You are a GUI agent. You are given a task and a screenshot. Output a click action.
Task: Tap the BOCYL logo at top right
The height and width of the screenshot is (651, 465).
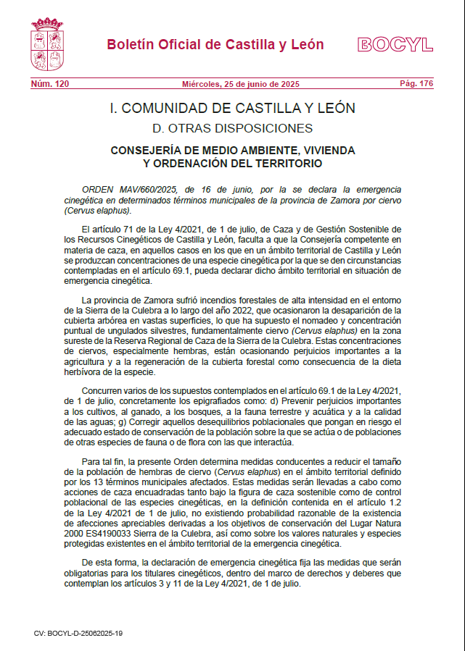click(395, 45)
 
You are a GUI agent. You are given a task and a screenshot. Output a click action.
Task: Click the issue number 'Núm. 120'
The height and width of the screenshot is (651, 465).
click(50, 84)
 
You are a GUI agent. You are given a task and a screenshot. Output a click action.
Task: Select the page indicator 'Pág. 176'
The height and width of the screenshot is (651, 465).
click(416, 84)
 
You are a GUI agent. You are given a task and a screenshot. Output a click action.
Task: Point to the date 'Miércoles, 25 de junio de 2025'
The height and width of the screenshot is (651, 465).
click(232, 84)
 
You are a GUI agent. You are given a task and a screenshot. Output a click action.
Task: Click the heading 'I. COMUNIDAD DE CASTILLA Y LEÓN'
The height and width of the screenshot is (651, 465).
click(232, 109)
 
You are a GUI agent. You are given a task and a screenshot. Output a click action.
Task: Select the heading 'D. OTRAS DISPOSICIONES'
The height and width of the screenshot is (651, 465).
click(232, 129)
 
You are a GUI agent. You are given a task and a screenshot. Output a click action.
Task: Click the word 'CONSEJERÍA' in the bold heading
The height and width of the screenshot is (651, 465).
click(147, 151)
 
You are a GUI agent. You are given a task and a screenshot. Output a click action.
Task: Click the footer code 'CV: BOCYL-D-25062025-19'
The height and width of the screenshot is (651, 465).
click(78, 632)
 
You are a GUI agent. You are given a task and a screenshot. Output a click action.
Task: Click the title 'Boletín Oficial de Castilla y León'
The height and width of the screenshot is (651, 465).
click(215, 44)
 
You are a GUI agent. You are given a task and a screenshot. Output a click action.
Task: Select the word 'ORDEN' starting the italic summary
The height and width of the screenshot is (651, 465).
click(98, 189)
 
